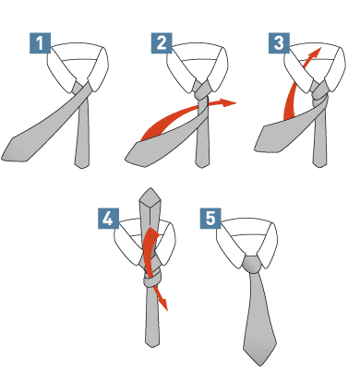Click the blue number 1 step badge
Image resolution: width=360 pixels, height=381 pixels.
pyautogui.click(x=40, y=43)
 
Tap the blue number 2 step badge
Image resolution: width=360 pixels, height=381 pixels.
pyautogui.click(x=162, y=43)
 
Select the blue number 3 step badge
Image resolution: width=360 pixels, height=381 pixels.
pyautogui.click(x=279, y=43)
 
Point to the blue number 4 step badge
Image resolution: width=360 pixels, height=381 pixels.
pyautogui.click(x=108, y=219)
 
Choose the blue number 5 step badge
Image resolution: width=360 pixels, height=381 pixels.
pyautogui.click(x=210, y=219)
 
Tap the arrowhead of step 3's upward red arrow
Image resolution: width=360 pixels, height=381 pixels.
pyautogui.click(x=315, y=54)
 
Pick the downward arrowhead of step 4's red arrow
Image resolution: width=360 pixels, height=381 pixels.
pyautogui.click(x=163, y=304)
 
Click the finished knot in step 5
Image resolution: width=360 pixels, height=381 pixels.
pyautogui.click(x=254, y=265)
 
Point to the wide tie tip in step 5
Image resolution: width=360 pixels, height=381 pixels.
pyautogui.click(x=260, y=365)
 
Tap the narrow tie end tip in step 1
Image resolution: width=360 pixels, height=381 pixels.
pyautogui.click(x=82, y=168)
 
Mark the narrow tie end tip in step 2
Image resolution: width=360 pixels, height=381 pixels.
pyautogui.click(x=202, y=168)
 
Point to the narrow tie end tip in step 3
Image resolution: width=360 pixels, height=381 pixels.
pyautogui.click(x=319, y=167)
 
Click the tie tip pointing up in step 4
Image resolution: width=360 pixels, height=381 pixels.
pyautogui.click(x=150, y=188)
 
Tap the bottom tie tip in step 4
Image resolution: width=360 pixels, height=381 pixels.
pyautogui.click(x=152, y=347)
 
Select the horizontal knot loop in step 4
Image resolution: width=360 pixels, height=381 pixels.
pyautogui.click(x=152, y=280)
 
